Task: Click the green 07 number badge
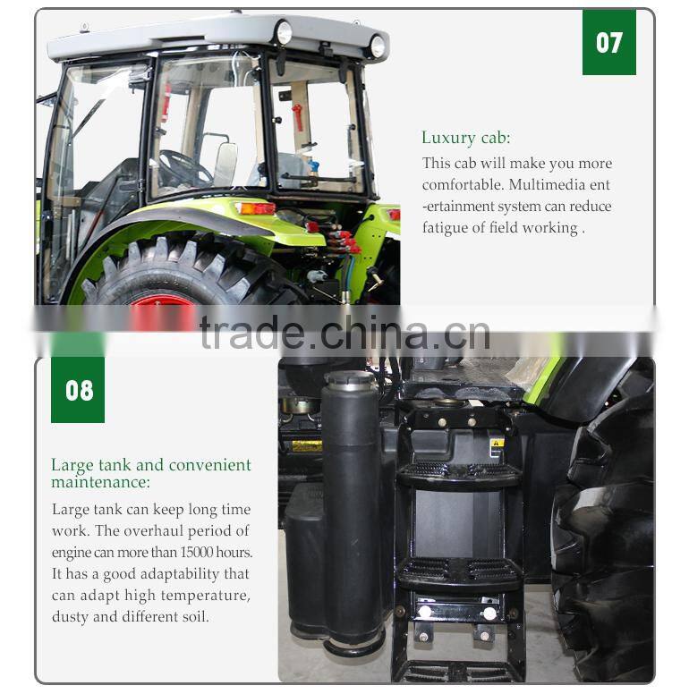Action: point(608,42)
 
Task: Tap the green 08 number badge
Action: point(78,390)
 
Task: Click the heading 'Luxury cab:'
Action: point(465,138)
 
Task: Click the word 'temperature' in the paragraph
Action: point(206,596)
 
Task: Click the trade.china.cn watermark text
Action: point(344,333)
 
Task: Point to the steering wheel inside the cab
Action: point(183,166)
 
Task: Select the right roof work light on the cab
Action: point(377,45)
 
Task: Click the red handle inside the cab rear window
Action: point(298,116)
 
